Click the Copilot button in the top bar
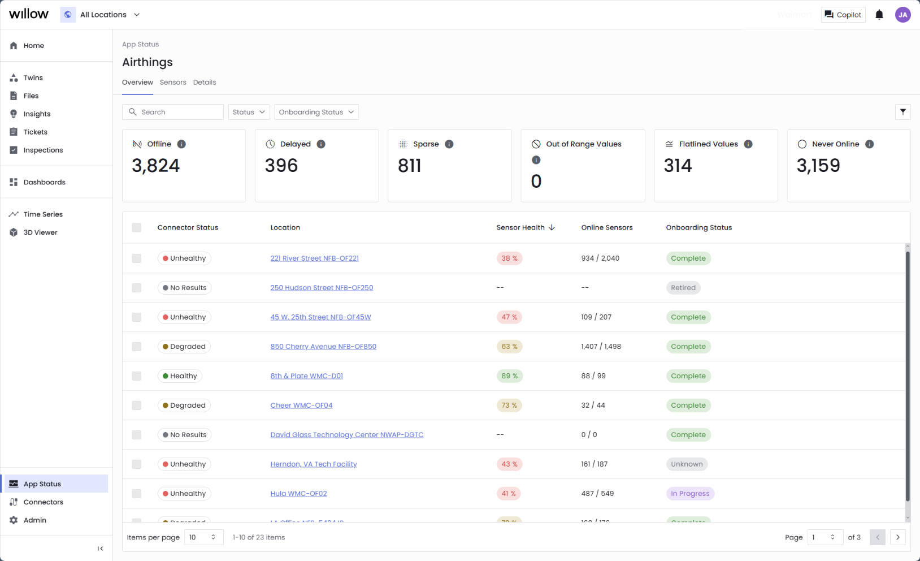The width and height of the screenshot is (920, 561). pos(843,15)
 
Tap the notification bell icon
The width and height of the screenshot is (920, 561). pos(879,15)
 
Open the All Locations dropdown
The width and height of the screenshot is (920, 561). pos(102,15)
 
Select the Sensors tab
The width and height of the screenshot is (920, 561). pos(173,83)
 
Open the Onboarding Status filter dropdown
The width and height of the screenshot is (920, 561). pos(316,112)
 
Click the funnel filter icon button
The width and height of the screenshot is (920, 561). pos(902,112)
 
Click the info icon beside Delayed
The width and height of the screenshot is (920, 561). pos(321,144)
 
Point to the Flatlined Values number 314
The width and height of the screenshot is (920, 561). pos(678,166)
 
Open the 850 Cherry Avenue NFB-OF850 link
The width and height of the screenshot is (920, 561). pos(323,347)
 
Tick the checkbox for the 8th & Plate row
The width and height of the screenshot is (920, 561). pos(137,376)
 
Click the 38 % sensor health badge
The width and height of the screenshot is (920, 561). pos(509,258)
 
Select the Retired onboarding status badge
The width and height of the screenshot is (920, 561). pos(683,288)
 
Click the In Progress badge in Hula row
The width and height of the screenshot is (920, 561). pos(689,494)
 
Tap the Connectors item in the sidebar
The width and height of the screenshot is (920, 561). pos(43,502)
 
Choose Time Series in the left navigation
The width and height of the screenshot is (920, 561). pos(43,214)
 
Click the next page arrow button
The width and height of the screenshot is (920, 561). pos(897,537)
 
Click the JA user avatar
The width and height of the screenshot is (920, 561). pos(902,15)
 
